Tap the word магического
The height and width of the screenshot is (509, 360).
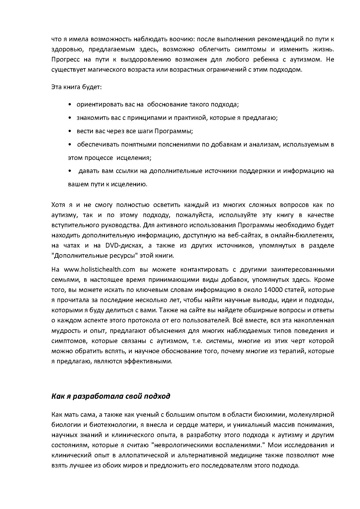coord(94,70)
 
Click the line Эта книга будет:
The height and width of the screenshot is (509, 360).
coord(76,87)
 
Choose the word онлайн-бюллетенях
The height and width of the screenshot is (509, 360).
coord(307,235)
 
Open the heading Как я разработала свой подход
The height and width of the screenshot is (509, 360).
coord(111,396)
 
